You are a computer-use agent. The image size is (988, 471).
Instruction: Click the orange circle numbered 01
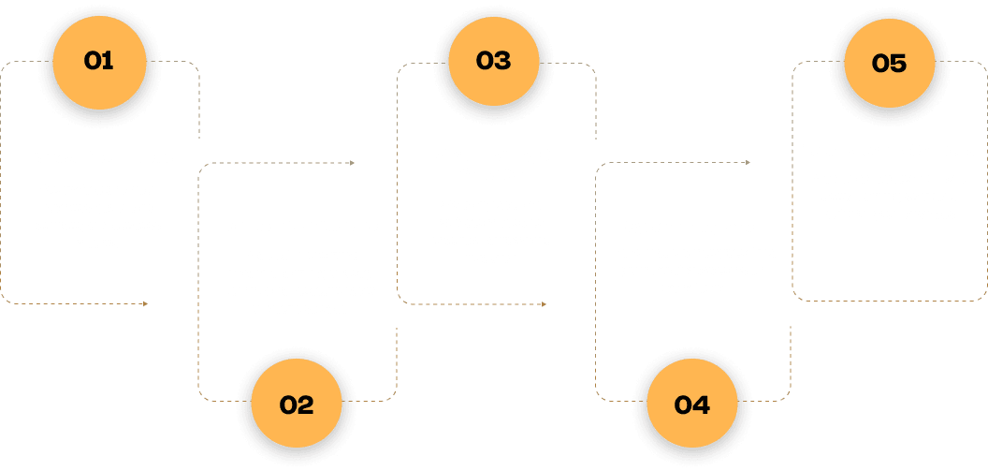[98, 62]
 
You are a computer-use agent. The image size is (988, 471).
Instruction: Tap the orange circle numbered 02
[296, 405]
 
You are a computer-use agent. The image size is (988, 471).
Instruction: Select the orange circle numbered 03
[493, 62]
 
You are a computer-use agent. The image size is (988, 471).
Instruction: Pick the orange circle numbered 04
[691, 405]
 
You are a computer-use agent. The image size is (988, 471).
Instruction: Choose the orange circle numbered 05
[889, 64]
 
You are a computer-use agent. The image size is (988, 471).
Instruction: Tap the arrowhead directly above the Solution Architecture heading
[352, 163]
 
